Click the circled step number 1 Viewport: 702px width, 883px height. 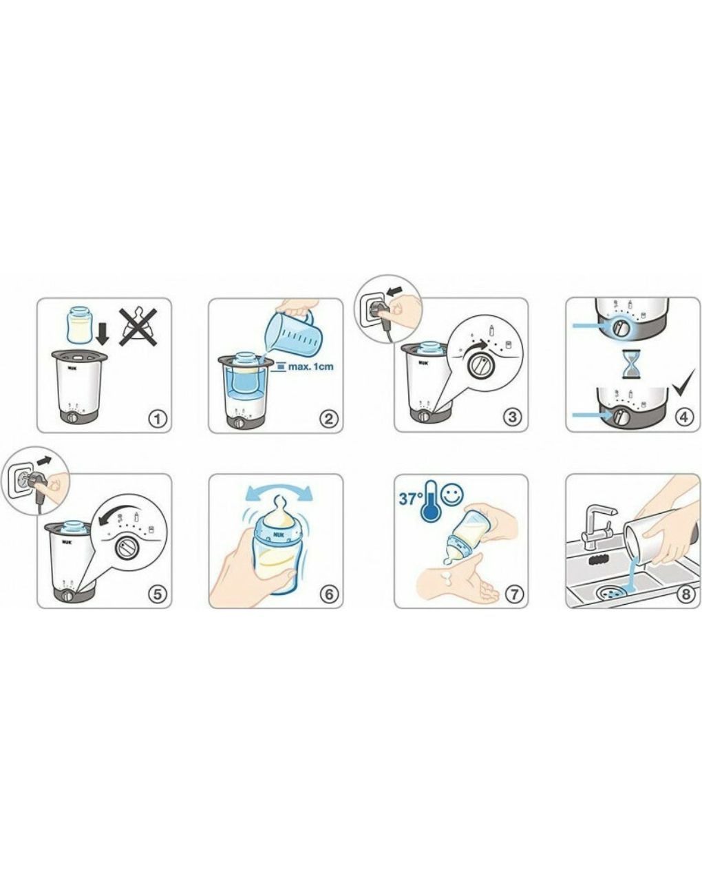click(x=158, y=419)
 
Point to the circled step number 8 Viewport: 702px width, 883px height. click(x=685, y=594)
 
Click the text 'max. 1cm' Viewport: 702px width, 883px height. click(x=311, y=366)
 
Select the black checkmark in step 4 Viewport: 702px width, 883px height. click(x=683, y=382)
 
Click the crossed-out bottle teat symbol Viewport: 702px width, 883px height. click(x=139, y=326)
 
